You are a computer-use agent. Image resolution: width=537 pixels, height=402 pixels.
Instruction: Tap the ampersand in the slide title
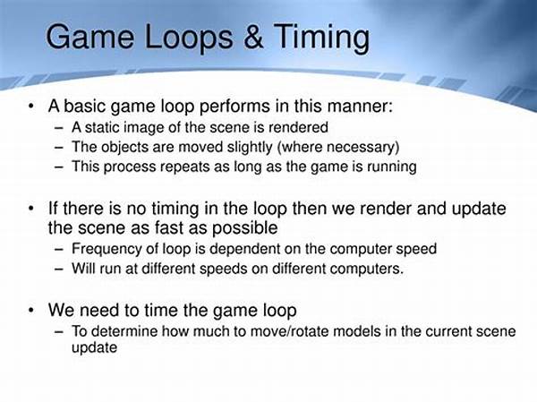tap(253, 37)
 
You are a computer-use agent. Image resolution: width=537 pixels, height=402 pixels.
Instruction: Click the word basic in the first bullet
tap(85, 106)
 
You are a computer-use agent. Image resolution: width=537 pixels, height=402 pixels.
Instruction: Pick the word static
tap(102, 127)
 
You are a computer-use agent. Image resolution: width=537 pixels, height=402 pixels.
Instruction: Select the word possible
tap(245, 228)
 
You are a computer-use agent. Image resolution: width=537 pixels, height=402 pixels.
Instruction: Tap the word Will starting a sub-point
tap(84, 268)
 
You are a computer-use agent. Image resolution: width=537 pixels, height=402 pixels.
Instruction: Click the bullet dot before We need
tap(31, 310)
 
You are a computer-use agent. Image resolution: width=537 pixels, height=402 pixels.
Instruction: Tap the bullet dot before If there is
tap(31, 208)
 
